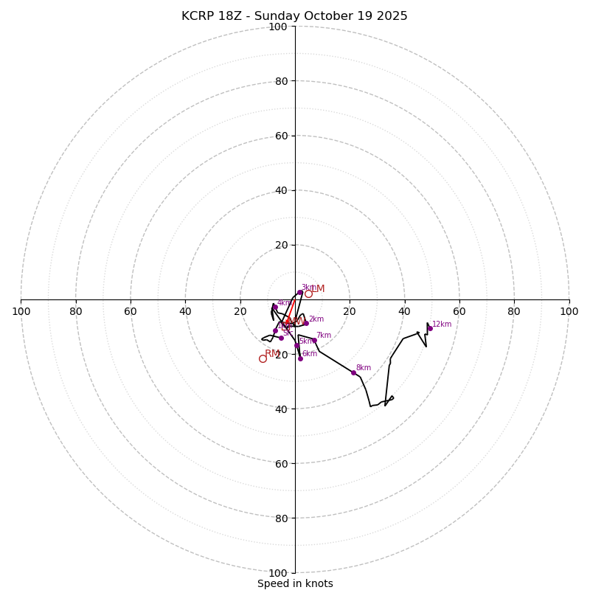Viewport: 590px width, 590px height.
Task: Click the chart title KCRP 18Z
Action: [x=294, y=16]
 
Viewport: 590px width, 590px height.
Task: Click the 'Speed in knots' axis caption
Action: [x=295, y=583]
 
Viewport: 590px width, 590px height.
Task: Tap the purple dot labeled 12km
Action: [x=430, y=328]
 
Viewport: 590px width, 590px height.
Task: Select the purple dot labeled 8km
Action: [x=353, y=372]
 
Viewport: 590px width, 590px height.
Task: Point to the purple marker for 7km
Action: [x=314, y=340]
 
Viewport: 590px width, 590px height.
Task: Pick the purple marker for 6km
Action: [x=300, y=358]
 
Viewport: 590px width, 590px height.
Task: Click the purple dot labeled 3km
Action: [x=300, y=292]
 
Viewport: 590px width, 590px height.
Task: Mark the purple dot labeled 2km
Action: [x=306, y=323]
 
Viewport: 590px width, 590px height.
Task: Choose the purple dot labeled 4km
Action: [x=274, y=307]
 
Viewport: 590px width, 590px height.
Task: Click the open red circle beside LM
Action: [x=308, y=294]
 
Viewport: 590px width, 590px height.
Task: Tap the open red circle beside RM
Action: [x=263, y=358]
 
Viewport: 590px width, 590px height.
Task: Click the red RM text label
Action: [x=272, y=353]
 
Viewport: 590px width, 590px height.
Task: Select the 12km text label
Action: [x=442, y=324]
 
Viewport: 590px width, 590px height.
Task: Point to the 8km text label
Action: [x=364, y=367]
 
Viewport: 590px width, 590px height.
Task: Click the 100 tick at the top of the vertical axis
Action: [x=278, y=27]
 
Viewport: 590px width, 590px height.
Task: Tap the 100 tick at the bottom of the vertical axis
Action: [x=278, y=572]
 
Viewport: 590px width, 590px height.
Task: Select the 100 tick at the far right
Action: [x=569, y=311]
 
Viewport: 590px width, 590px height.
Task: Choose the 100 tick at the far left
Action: [x=21, y=311]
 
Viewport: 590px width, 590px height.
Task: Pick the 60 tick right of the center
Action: [x=459, y=311]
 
